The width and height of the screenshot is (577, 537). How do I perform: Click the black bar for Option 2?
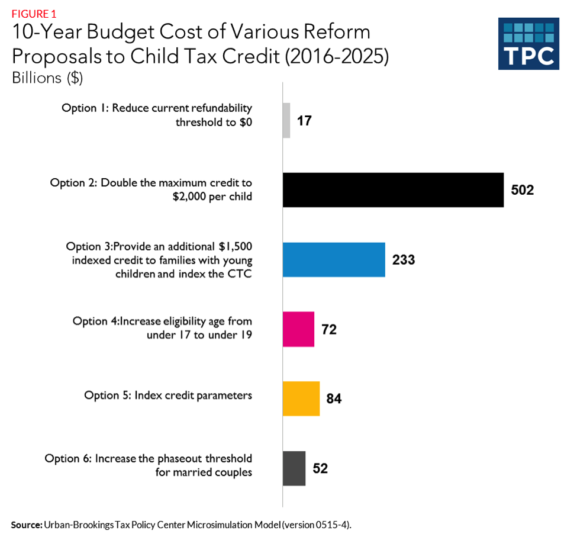coord(393,190)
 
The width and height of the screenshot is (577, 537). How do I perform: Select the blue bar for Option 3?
coord(334,259)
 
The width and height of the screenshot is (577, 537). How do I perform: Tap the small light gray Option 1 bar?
coord(286,121)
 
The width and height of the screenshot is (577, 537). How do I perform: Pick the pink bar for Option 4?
coord(298,329)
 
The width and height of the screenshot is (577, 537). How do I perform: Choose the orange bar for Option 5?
coord(301,398)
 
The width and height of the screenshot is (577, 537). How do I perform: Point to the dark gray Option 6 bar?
coord(294,468)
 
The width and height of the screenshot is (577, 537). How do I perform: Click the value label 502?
coord(523,190)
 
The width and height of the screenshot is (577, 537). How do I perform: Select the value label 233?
coord(404,259)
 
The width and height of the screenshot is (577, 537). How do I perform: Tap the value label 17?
coord(304,121)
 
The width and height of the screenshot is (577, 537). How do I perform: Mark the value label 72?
coord(329,329)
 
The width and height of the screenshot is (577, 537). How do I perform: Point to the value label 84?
coord(334,398)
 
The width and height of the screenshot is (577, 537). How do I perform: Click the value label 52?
coord(320,468)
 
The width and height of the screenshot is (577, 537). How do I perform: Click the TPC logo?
coord(528,44)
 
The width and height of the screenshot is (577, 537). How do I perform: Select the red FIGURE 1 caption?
coord(34,13)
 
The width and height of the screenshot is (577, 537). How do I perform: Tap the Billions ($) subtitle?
coord(50,78)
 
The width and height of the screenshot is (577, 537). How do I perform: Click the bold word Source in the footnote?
coord(26,525)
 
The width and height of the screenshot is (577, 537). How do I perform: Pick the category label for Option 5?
coord(168,395)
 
